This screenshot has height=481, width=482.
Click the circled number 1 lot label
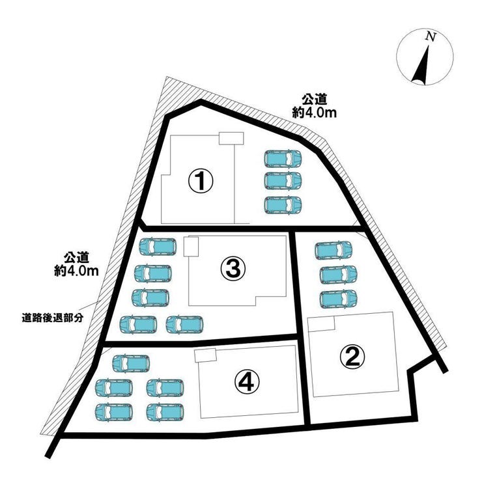[x=202, y=180]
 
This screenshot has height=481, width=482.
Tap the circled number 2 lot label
[x=352, y=355]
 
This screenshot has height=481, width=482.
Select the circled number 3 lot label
[x=233, y=267]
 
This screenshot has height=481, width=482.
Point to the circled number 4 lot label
[x=246, y=382]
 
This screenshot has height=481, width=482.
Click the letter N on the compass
[x=429, y=37]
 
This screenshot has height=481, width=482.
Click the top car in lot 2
[x=333, y=251]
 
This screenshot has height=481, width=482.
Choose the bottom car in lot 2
[x=338, y=298]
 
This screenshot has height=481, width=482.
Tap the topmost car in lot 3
[x=158, y=247]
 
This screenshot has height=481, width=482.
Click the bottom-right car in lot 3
[x=184, y=324]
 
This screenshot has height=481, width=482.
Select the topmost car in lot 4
[x=131, y=363]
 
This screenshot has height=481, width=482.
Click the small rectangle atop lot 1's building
[x=231, y=138]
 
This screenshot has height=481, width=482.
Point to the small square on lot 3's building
[x=191, y=247]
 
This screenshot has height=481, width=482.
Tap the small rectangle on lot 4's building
[x=205, y=355]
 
